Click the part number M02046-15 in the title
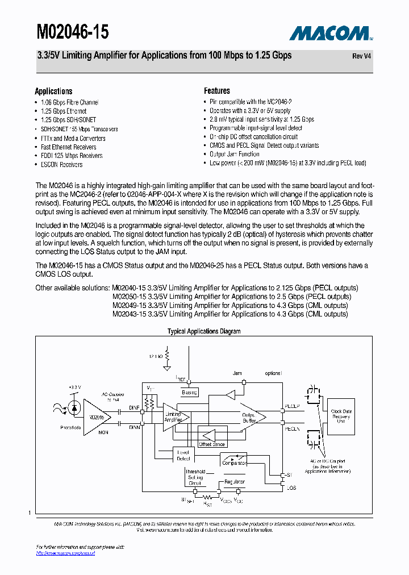tap(72, 32)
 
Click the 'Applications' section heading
tap(53, 91)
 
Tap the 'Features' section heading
tap(217, 91)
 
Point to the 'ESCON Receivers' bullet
tap(61, 165)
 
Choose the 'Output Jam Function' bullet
tap(234, 154)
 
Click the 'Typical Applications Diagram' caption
tap(204, 331)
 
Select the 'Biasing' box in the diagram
tap(189, 393)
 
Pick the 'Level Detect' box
tap(183, 455)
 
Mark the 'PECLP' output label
tap(292, 407)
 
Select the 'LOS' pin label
tap(291, 488)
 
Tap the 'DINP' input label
tap(134, 407)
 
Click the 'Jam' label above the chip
tap(237, 373)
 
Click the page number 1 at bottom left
tap(29, 513)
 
